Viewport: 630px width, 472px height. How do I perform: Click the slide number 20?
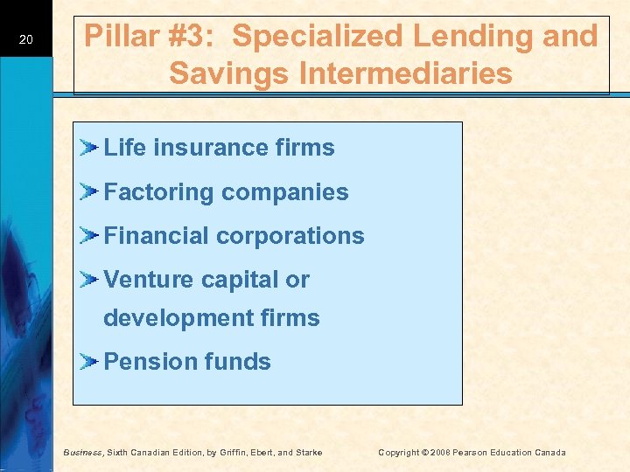tap(25, 39)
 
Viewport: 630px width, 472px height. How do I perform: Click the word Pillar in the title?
tap(120, 37)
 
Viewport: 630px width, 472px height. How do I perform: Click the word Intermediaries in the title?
tap(402, 73)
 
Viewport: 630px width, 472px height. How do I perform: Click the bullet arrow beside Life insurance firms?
tap(89, 147)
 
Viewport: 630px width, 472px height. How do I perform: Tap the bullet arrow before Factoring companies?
tap(89, 191)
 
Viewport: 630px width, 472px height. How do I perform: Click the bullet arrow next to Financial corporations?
tap(89, 235)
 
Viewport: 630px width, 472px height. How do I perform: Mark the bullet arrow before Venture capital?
tap(89, 280)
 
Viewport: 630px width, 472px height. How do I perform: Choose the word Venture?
tap(143, 280)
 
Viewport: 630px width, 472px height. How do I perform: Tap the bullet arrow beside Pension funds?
tap(89, 361)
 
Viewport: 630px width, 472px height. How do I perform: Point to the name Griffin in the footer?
tap(241, 452)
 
